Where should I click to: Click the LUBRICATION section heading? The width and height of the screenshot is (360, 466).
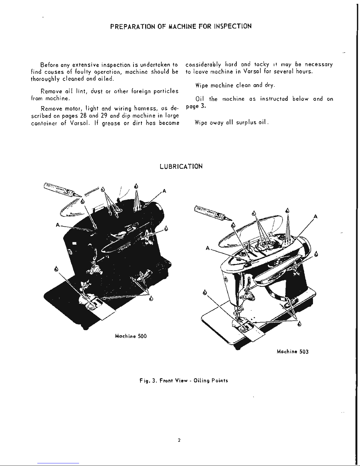click(181, 166)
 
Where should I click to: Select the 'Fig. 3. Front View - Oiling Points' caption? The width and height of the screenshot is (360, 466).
click(184, 380)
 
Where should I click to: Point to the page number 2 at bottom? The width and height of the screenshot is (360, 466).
click(179, 440)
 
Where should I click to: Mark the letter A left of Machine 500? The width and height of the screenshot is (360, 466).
click(58, 225)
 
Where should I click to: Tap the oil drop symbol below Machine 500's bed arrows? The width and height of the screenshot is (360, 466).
click(151, 299)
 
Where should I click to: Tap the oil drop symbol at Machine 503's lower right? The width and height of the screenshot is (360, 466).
click(299, 324)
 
